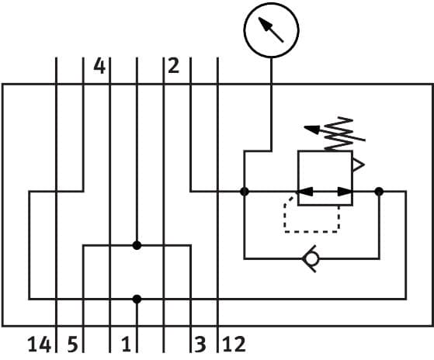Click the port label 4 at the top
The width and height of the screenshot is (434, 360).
[99, 65]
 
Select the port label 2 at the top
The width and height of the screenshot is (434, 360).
[173, 65]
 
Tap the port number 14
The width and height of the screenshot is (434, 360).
[40, 344]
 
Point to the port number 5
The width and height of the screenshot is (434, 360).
[71, 344]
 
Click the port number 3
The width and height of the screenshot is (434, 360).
[200, 344]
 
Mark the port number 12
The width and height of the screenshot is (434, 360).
[234, 344]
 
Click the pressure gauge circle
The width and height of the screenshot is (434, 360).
[271, 30]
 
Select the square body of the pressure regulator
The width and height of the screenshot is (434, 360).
[325, 178]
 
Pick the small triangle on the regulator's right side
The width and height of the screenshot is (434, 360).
[358, 164]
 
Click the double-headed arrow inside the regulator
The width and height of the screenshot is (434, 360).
[325, 191]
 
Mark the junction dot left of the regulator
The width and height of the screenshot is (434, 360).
[244, 191]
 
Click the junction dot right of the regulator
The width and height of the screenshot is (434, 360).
[379, 191]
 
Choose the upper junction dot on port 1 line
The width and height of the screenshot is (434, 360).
[137, 245]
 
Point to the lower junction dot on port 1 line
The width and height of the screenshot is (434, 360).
[137, 298]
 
